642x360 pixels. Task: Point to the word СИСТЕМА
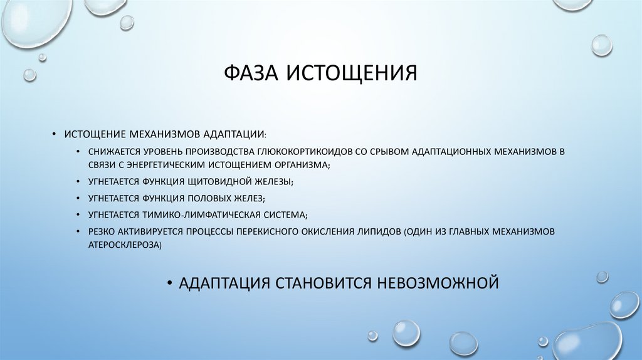pos(283,214)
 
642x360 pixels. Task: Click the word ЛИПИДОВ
pos(376,231)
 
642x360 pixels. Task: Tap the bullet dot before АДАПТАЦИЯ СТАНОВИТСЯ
pos(169,282)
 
